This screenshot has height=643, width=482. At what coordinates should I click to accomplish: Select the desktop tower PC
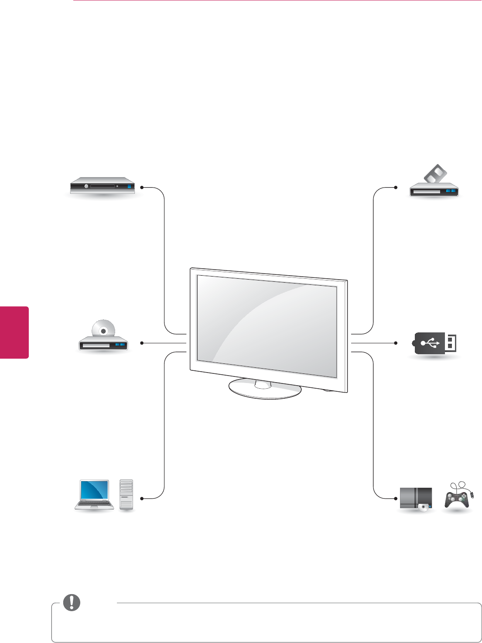(126, 495)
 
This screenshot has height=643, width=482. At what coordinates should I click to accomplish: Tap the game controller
(457, 499)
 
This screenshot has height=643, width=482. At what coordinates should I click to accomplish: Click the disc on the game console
(423, 506)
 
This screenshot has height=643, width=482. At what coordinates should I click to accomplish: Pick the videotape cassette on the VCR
(434, 174)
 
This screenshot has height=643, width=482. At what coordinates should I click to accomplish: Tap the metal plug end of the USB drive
(451, 343)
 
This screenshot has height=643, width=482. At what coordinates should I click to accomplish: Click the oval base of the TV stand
(265, 390)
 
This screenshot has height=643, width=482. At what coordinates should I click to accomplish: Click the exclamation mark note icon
(72, 602)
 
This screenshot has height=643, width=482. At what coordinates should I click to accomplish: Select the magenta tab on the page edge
(14, 332)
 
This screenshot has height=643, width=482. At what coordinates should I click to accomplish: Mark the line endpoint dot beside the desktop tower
(142, 498)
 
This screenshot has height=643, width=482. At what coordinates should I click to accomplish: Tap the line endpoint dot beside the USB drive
(396, 343)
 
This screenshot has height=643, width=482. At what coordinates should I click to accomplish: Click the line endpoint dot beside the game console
(396, 498)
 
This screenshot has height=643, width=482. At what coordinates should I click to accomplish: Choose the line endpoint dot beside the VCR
(396, 188)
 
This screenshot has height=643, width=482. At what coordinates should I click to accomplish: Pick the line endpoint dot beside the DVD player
(142, 343)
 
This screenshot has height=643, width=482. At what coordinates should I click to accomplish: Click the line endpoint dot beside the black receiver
(142, 188)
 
